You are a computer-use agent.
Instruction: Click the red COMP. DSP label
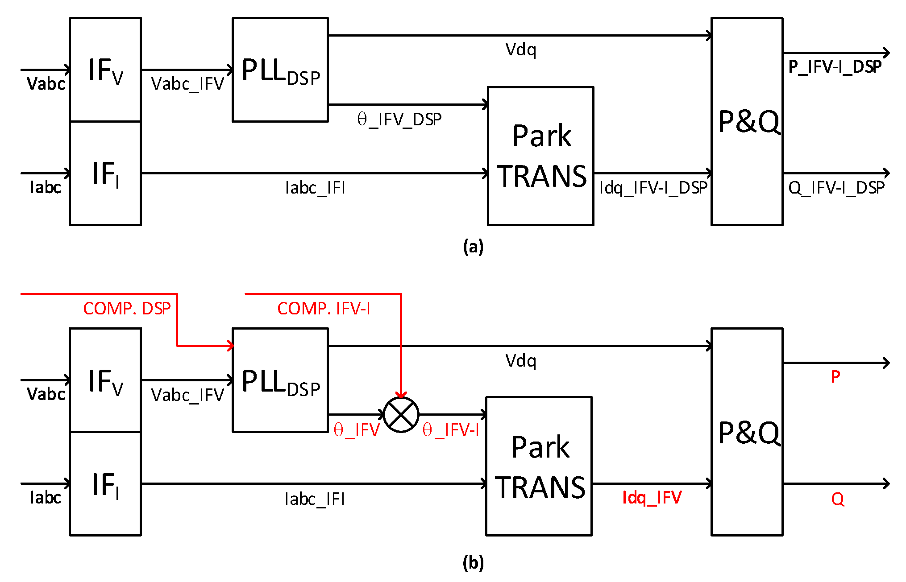point(127,309)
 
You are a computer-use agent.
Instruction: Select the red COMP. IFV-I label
point(324,309)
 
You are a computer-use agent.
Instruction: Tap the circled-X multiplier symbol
point(401,415)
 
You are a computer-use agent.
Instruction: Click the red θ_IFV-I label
point(450,430)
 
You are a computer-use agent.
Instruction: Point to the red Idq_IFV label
point(652,497)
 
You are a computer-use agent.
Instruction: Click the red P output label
point(835,377)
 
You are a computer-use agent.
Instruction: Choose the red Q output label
point(837,499)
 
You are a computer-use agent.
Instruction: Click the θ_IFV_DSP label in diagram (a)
point(399,120)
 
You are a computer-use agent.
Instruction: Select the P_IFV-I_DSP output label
point(835,67)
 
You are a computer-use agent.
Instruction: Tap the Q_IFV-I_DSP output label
point(836,188)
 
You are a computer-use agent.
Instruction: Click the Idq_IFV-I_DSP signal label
point(653,188)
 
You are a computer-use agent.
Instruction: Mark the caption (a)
point(473,247)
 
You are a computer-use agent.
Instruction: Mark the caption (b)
point(473,563)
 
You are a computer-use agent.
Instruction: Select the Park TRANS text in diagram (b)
point(540,466)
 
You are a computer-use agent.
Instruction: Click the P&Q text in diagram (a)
point(749,121)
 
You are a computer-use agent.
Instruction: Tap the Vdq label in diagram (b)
point(520,360)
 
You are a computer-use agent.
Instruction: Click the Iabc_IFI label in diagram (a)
point(315,188)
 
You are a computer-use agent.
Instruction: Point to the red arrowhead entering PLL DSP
point(230,346)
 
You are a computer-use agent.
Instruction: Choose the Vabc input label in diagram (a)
point(46,84)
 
